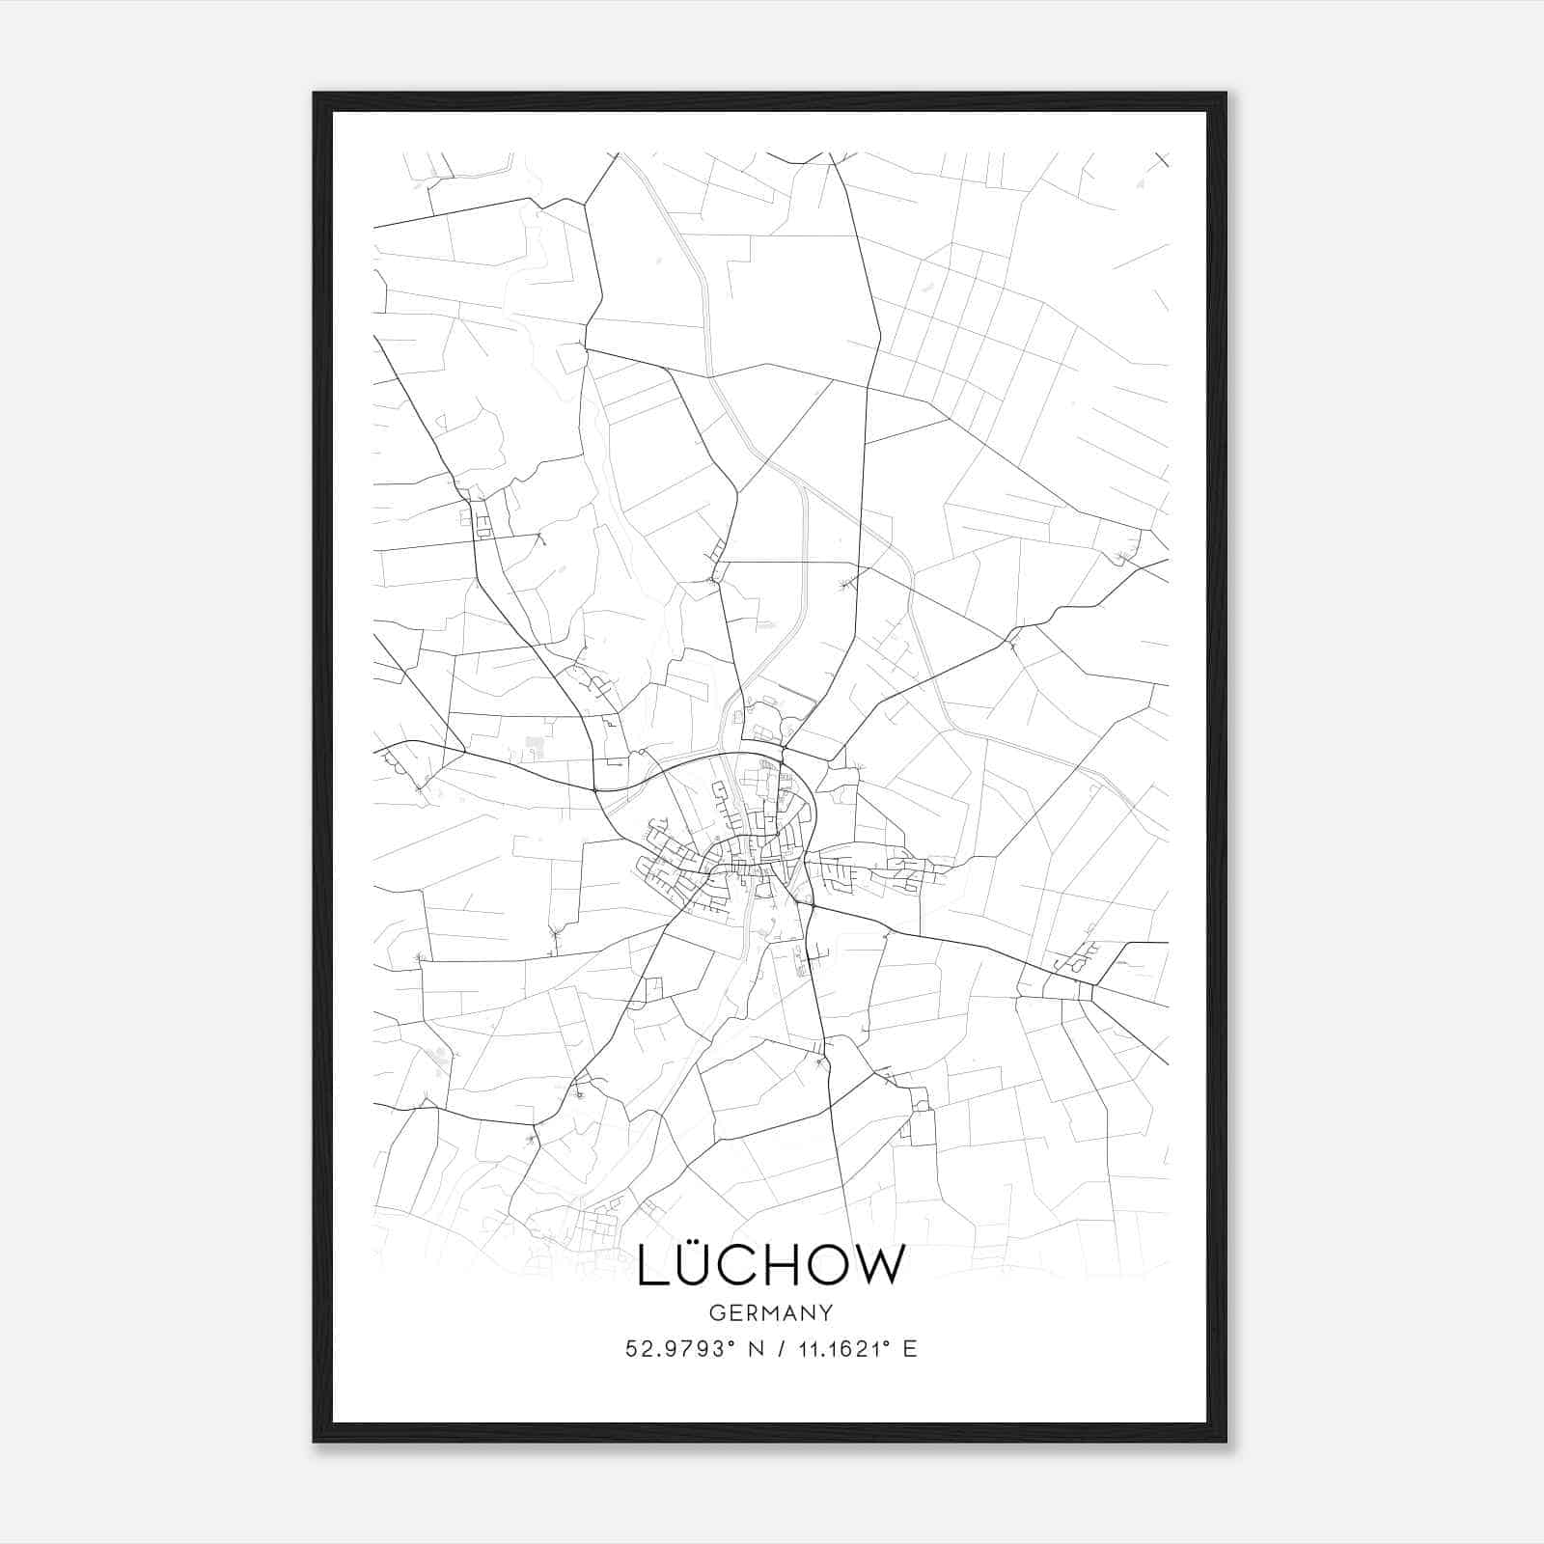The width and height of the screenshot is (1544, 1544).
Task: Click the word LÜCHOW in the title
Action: [x=771, y=1265]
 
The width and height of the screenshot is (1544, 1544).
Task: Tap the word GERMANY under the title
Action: [x=771, y=1313]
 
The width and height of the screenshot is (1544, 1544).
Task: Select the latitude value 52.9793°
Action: [x=679, y=1349]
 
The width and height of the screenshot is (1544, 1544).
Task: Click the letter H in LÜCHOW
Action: [x=774, y=1266]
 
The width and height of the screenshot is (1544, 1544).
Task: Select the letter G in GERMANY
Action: [x=715, y=1313]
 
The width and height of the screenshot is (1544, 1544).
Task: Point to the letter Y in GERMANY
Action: [x=827, y=1313]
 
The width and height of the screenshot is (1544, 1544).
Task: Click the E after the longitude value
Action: [x=909, y=1349]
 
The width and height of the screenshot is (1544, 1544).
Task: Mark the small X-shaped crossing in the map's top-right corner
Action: [x=1161, y=159]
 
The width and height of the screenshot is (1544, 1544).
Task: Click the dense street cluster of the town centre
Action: [x=748, y=849]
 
